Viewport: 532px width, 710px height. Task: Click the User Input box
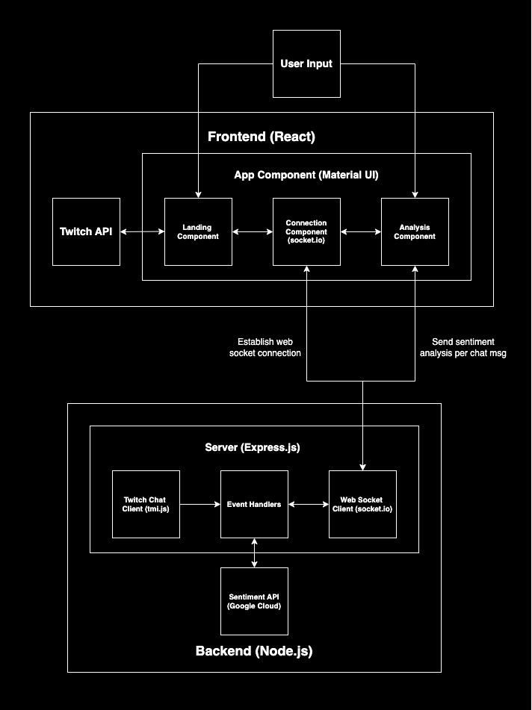pyautogui.click(x=306, y=64)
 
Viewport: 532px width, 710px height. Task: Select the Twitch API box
pyautogui.click(x=86, y=231)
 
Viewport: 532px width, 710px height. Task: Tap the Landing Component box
pyautogui.click(x=198, y=231)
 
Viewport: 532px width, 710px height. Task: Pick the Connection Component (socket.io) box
pyautogui.click(x=306, y=231)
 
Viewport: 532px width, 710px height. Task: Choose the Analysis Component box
pyautogui.click(x=415, y=231)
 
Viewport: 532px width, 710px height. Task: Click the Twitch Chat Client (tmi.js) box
pyautogui.click(x=146, y=505)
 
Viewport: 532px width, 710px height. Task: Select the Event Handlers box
pyautogui.click(x=254, y=505)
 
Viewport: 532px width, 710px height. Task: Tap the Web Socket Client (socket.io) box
pyautogui.click(x=362, y=505)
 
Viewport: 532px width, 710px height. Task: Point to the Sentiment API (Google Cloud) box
pyautogui.click(x=254, y=601)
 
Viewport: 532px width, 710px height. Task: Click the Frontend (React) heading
pyautogui.click(x=262, y=137)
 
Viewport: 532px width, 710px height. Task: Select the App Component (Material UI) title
pyautogui.click(x=306, y=175)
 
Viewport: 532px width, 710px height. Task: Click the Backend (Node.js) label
pyautogui.click(x=254, y=651)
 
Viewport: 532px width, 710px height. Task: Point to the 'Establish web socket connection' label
pyautogui.click(x=265, y=347)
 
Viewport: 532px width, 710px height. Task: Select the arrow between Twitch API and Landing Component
pyautogui.click(x=142, y=232)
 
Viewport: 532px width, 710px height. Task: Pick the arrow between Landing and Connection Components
pyautogui.click(x=253, y=232)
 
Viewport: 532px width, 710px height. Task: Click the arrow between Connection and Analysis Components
pyautogui.click(x=361, y=232)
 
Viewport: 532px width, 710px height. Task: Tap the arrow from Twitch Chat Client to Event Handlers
pyautogui.click(x=200, y=505)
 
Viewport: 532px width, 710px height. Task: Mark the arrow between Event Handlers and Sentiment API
pyautogui.click(x=255, y=553)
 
